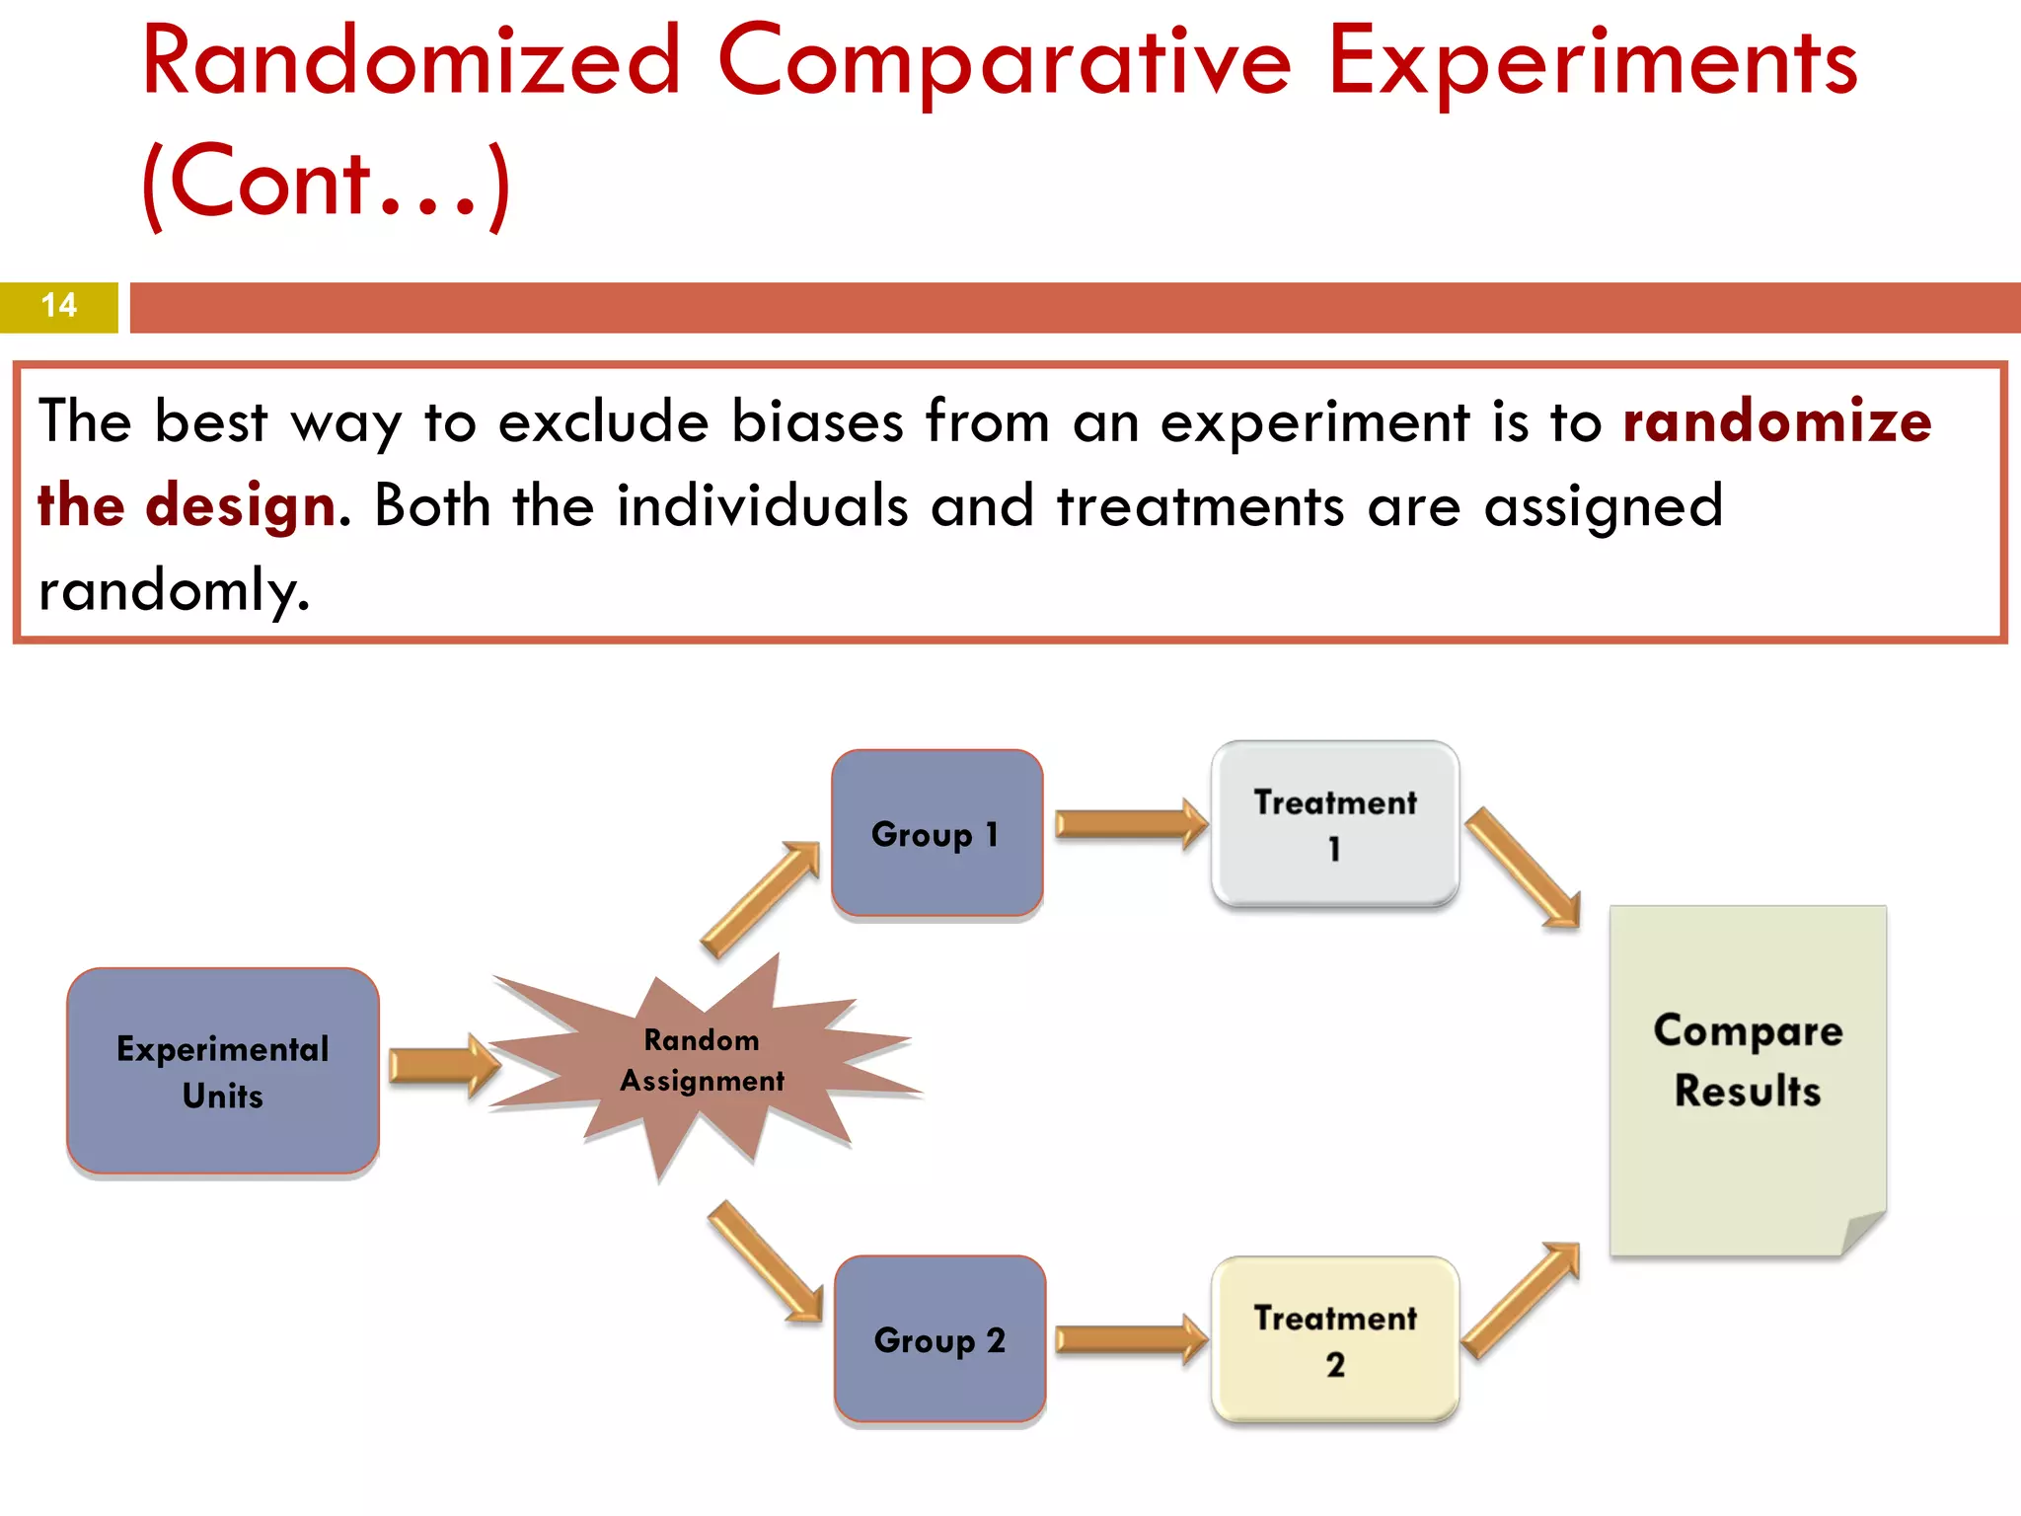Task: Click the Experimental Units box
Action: (x=223, y=1071)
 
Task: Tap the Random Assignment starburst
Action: (x=701, y=1061)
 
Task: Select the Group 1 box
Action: (x=936, y=833)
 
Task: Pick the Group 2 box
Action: (x=939, y=1339)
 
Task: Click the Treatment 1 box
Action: (x=1335, y=824)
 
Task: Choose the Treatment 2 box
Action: (x=1335, y=1339)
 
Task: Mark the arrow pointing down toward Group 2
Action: (x=766, y=1261)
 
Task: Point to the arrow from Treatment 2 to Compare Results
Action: (x=1521, y=1301)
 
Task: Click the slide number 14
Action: (x=59, y=306)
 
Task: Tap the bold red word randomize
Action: (x=1776, y=421)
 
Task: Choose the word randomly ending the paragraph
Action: (x=173, y=591)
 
